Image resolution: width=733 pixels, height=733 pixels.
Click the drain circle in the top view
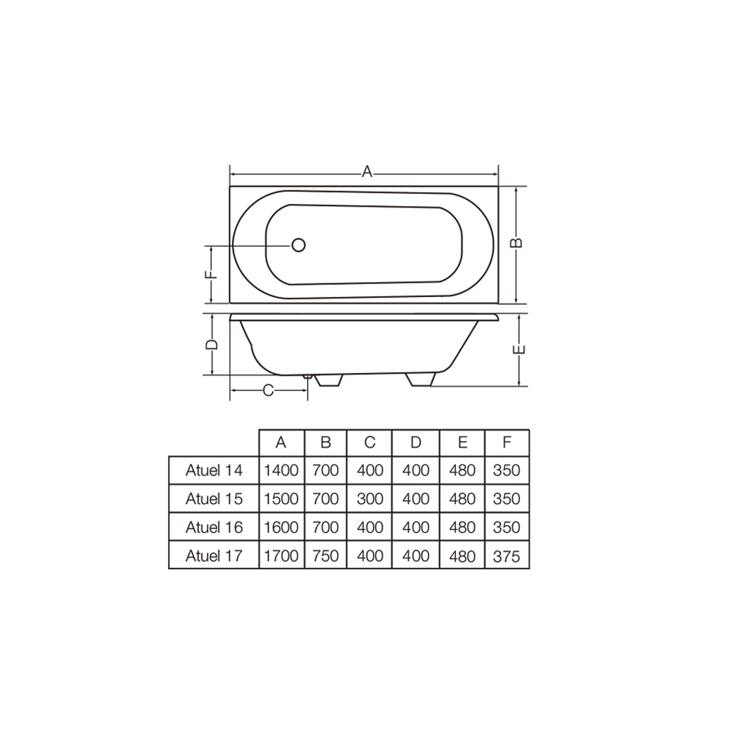pyautogui.click(x=298, y=245)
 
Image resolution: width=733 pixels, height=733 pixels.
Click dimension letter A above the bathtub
pyautogui.click(x=366, y=172)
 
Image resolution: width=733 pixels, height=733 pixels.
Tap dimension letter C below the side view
pyautogui.click(x=268, y=390)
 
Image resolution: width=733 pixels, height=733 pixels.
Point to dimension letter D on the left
pyautogui.click(x=212, y=344)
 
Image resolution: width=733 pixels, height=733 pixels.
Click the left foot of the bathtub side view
pyautogui.click(x=328, y=380)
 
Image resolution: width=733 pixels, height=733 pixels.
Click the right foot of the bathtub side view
pyautogui.click(x=421, y=379)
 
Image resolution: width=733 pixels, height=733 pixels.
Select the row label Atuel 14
pyautogui.click(x=214, y=470)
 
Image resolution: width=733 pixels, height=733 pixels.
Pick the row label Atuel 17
pyautogui.click(x=214, y=555)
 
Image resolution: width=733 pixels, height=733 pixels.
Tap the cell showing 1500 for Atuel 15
pyautogui.click(x=281, y=499)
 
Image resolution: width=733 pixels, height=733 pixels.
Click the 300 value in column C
pyautogui.click(x=369, y=499)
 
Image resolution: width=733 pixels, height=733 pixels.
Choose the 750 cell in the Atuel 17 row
pyautogui.click(x=326, y=555)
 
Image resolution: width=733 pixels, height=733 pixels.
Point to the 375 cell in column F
pyautogui.click(x=507, y=555)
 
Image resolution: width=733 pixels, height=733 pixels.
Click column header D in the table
pyautogui.click(x=415, y=442)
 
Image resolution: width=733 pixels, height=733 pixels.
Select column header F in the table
pyautogui.click(x=507, y=442)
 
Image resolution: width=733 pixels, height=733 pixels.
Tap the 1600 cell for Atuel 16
pyautogui.click(x=281, y=528)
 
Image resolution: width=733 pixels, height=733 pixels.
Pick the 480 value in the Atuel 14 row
pyautogui.click(x=462, y=470)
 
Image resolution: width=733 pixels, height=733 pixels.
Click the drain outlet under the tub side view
pyautogui.click(x=307, y=376)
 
